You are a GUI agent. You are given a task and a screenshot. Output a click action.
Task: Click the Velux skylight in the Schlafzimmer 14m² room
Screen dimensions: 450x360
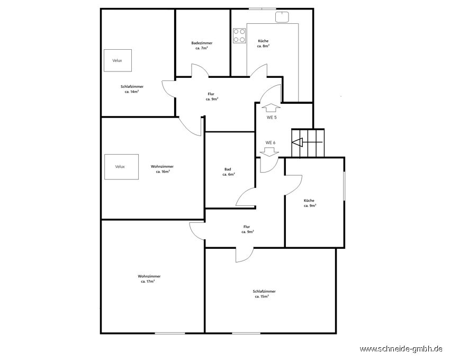(x=118, y=60)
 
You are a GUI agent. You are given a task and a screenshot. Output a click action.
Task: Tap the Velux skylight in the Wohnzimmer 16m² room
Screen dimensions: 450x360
(x=121, y=167)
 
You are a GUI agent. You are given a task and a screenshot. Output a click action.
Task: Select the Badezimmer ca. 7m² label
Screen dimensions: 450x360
(x=202, y=46)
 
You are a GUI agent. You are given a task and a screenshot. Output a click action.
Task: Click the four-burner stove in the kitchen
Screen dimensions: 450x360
(x=239, y=35)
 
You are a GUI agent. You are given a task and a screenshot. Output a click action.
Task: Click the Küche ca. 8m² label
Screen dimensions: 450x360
(x=263, y=43)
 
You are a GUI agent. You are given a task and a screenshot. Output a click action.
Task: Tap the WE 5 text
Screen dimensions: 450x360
(x=272, y=118)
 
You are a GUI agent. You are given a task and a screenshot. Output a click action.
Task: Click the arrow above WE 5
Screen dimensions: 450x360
(x=271, y=107)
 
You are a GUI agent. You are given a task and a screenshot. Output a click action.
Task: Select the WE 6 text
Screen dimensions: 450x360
(x=271, y=143)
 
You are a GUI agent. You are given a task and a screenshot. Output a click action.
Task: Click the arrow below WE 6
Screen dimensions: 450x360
(x=269, y=152)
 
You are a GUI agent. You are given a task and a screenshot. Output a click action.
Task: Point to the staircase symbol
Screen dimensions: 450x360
(x=308, y=143)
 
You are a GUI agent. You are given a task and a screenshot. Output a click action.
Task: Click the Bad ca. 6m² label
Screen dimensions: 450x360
(x=229, y=172)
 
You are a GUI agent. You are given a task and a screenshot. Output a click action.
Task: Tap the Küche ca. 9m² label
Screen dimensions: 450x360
(x=310, y=203)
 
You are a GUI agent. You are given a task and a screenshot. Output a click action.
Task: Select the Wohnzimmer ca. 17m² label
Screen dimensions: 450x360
(x=149, y=279)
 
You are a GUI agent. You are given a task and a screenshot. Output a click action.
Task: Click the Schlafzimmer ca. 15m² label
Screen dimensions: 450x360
(x=264, y=294)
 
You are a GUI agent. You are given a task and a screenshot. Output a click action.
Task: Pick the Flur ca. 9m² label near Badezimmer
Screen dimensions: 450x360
(x=212, y=96)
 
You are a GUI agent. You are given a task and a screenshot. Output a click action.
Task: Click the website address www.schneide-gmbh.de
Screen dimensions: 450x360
(x=401, y=349)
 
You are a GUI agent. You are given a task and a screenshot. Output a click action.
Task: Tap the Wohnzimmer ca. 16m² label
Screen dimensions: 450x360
(x=162, y=169)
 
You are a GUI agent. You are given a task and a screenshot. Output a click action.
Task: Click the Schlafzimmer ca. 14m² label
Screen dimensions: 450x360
(x=132, y=89)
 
